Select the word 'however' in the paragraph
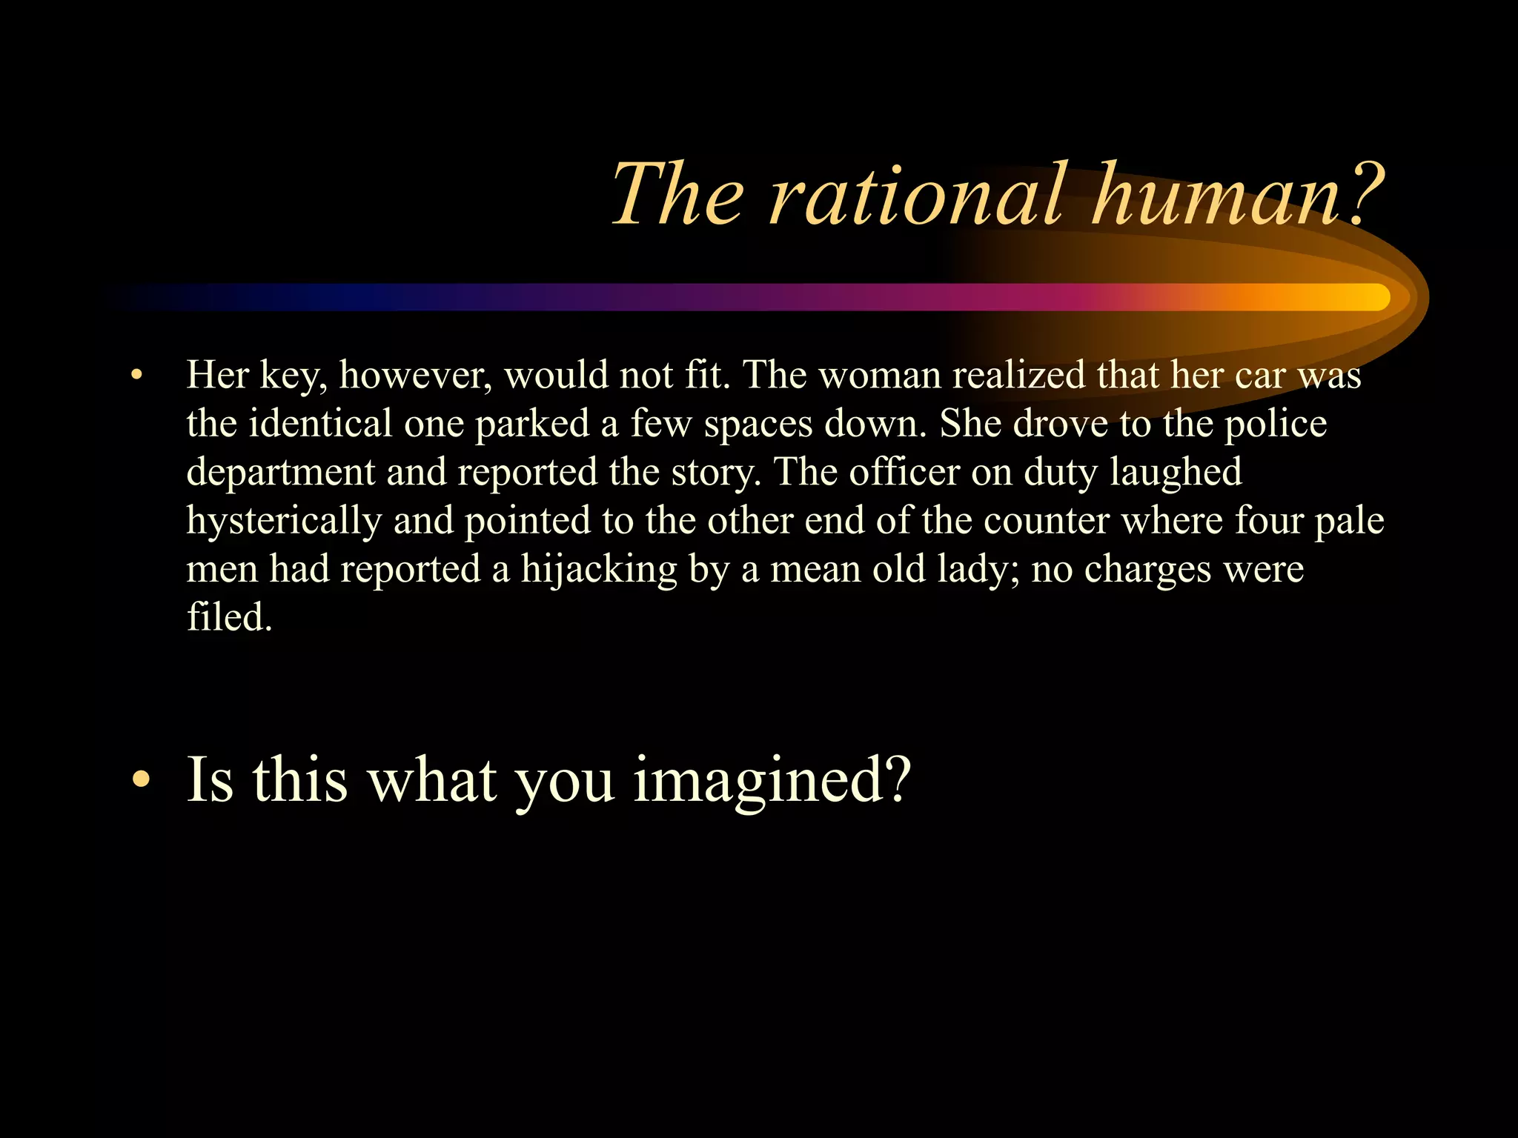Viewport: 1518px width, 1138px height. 415,376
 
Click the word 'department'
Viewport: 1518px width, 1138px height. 281,473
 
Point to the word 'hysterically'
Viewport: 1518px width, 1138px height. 283,522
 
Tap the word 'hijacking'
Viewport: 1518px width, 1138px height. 599,570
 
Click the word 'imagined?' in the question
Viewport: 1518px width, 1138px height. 772,781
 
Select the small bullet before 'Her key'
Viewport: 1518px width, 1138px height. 135,376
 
